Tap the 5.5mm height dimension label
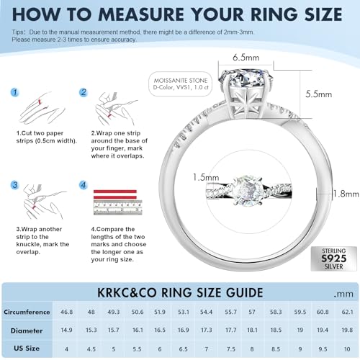[317, 94]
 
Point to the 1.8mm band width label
[346, 194]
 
